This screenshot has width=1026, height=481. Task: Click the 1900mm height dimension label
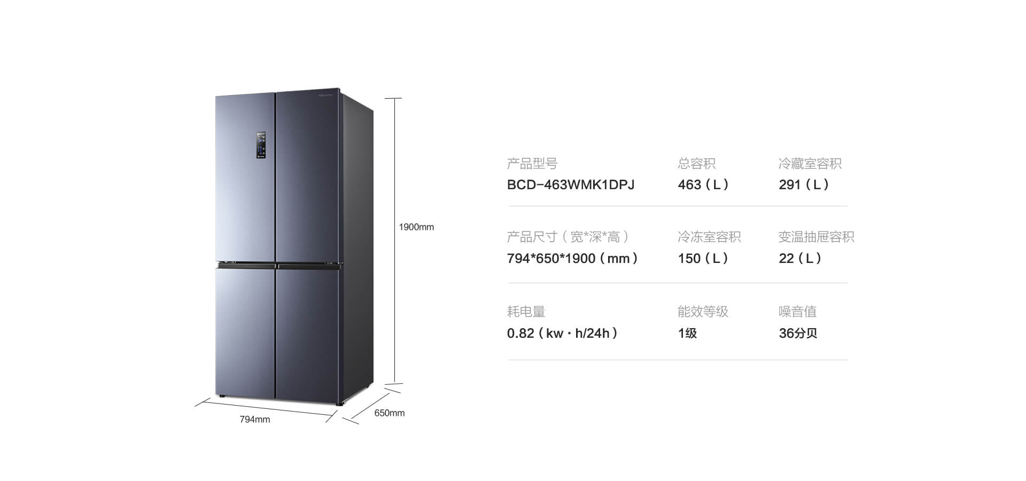(x=416, y=227)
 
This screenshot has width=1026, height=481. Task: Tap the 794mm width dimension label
(x=255, y=420)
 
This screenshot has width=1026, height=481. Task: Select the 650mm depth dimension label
(x=390, y=413)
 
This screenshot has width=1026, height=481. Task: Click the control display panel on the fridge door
(x=261, y=145)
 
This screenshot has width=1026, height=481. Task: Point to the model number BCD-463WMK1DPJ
(x=571, y=185)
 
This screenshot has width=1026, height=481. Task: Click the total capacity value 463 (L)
(x=703, y=185)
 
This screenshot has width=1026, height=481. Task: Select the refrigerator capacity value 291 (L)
(x=804, y=185)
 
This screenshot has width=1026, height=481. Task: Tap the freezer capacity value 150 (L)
(x=703, y=259)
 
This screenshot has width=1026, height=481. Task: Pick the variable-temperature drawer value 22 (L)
(x=800, y=259)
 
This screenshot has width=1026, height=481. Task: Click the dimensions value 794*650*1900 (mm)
(x=572, y=259)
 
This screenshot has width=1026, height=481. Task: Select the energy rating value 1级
(x=687, y=333)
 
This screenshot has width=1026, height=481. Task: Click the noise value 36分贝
(x=798, y=333)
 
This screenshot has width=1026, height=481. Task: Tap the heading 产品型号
(x=532, y=164)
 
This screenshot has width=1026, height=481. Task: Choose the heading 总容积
(x=697, y=164)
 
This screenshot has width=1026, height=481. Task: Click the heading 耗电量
(x=526, y=312)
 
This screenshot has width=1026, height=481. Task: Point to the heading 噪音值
(x=798, y=312)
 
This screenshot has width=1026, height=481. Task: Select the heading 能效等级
(x=703, y=312)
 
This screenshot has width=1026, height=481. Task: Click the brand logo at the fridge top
(x=326, y=95)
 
